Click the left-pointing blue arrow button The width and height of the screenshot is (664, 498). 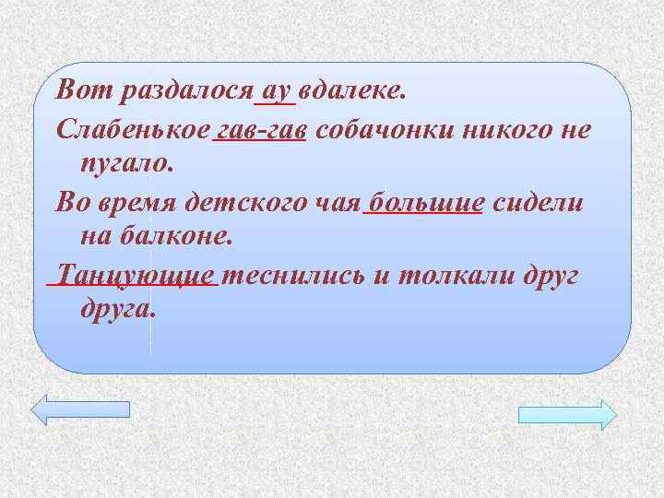coord(81,409)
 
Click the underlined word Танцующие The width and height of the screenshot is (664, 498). coord(136,274)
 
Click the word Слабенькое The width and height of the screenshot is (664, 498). coord(133,128)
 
